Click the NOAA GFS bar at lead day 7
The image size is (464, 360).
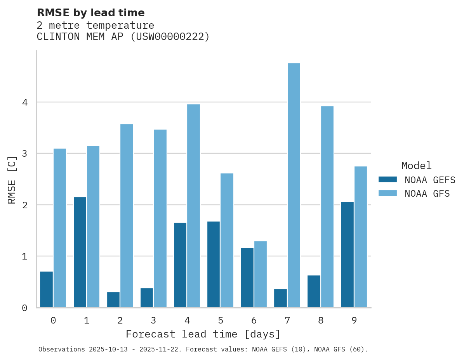(294, 185)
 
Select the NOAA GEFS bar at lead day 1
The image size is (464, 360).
(80, 252)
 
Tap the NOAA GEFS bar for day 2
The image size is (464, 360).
(113, 300)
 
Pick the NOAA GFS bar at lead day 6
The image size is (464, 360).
(260, 274)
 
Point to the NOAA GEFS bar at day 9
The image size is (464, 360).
(347, 254)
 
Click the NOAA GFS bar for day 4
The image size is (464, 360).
(193, 206)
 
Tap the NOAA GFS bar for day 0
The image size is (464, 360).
(60, 228)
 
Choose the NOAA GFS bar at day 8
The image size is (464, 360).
(327, 207)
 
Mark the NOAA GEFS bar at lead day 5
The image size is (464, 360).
(214, 265)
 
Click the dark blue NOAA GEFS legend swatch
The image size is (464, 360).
(388, 180)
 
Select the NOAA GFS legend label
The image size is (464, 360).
(427, 194)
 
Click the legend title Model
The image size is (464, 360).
(416, 166)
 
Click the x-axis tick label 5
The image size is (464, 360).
(221, 320)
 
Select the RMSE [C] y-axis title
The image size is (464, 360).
(12, 180)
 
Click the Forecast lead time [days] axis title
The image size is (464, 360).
(203, 334)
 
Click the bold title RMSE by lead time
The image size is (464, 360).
(90, 13)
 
